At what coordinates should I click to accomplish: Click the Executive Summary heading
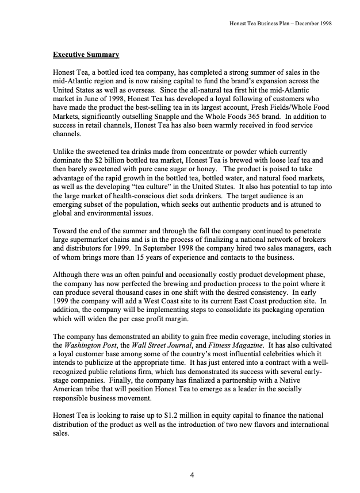(86, 55)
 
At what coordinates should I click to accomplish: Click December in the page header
(307, 24)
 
